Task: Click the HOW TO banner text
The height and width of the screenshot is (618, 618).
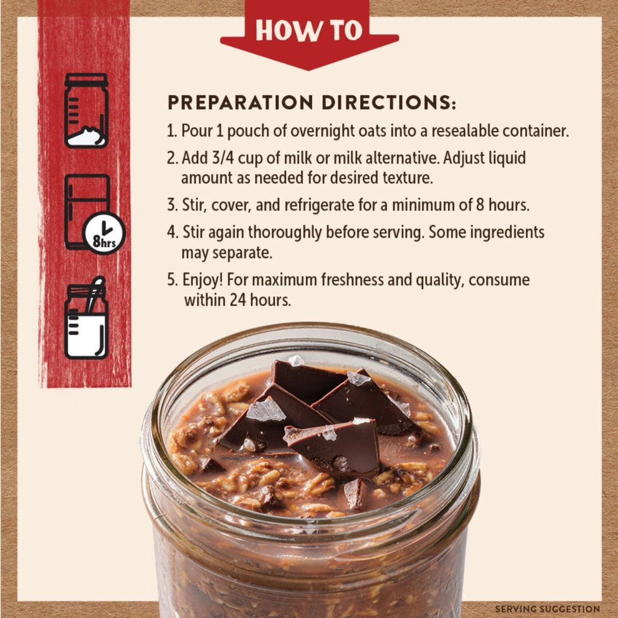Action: (x=309, y=30)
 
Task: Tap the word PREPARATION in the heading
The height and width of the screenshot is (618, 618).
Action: (x=240, y=102)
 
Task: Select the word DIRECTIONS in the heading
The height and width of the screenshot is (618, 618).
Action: (x=389, y=102)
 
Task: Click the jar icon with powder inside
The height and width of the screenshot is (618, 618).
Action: (x=87, y=111)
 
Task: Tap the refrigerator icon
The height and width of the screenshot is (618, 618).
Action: (x=87, y=212)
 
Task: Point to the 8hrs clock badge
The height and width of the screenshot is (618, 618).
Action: (x=104, y=233)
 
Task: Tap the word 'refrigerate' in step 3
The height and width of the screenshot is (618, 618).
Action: (x=319, y=206)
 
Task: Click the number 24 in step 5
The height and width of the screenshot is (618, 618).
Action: (x=237, y=300)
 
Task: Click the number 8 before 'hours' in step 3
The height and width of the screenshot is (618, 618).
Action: (x=480, y=205)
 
